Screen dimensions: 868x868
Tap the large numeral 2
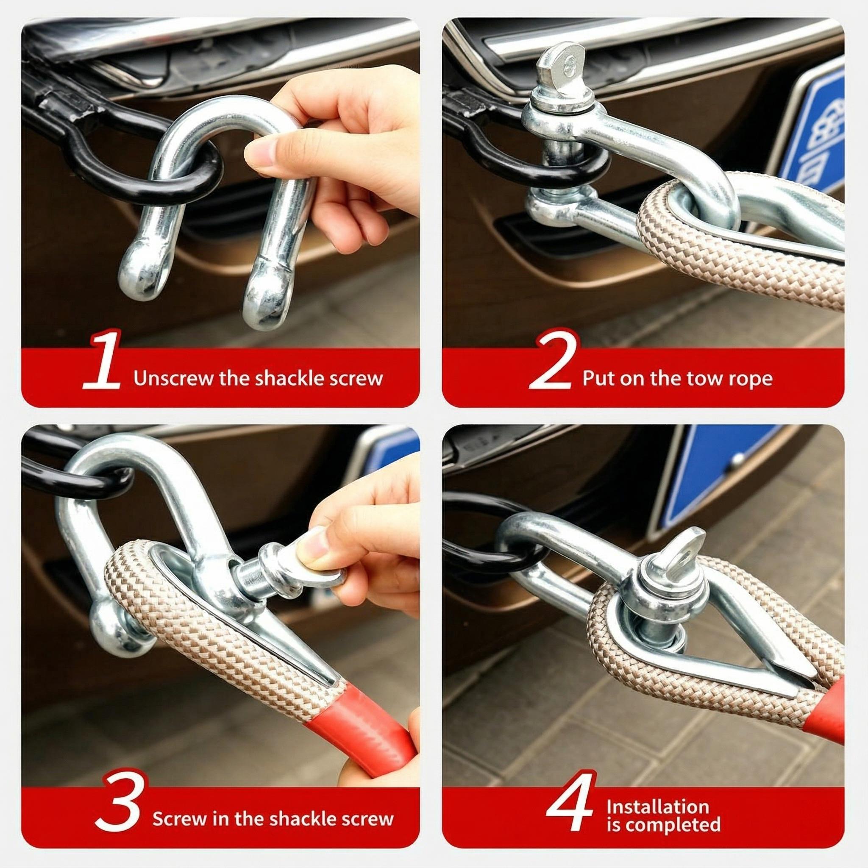pyautogui.click(x=552, y=362)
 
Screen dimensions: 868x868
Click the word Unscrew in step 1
pyautogui.click(x=173, y=379)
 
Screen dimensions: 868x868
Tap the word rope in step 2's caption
pyautogui.click(x=753, y=379)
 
